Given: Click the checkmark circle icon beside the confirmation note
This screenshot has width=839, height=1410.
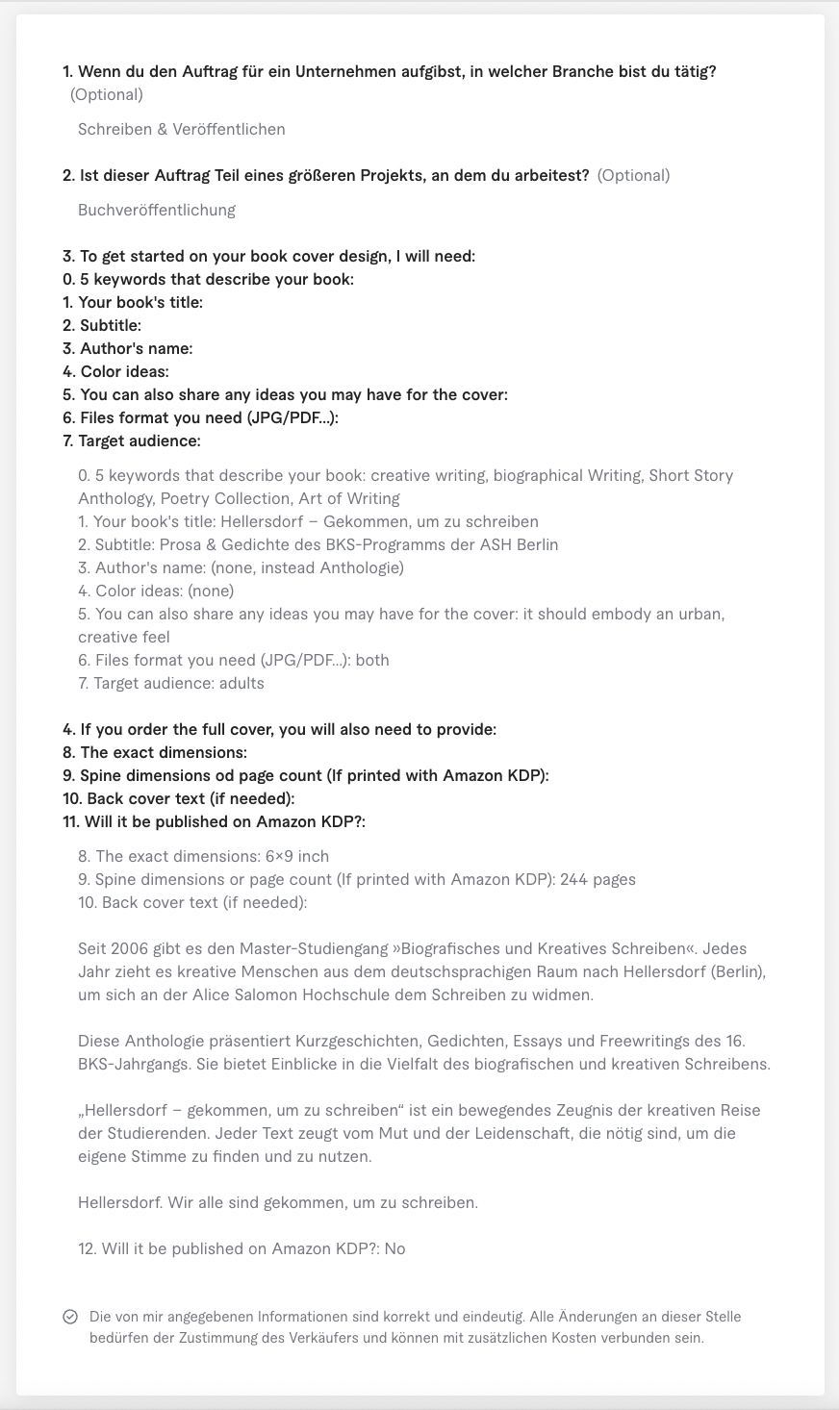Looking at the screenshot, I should (x=70, y=1317).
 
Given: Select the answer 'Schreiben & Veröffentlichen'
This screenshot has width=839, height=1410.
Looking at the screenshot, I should (x=181, y=129).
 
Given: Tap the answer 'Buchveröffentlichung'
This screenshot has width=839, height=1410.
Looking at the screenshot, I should (x=157, y=210).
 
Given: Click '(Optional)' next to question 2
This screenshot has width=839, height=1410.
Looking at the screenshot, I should (x=633, y=175).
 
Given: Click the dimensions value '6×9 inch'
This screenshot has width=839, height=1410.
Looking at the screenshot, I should (x=296, y=856).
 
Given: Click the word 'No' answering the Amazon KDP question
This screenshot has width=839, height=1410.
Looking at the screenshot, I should (x=394, y=1248).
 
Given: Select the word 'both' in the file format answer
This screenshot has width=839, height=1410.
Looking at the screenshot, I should (x=372, y=660).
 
